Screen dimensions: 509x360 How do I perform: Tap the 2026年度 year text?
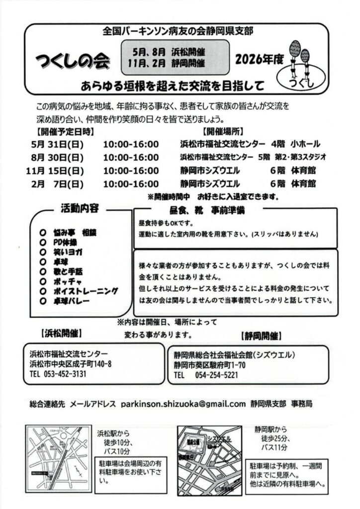260,60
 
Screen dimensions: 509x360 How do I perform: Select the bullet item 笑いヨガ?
68,252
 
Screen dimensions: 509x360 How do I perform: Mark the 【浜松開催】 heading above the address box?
59,332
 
